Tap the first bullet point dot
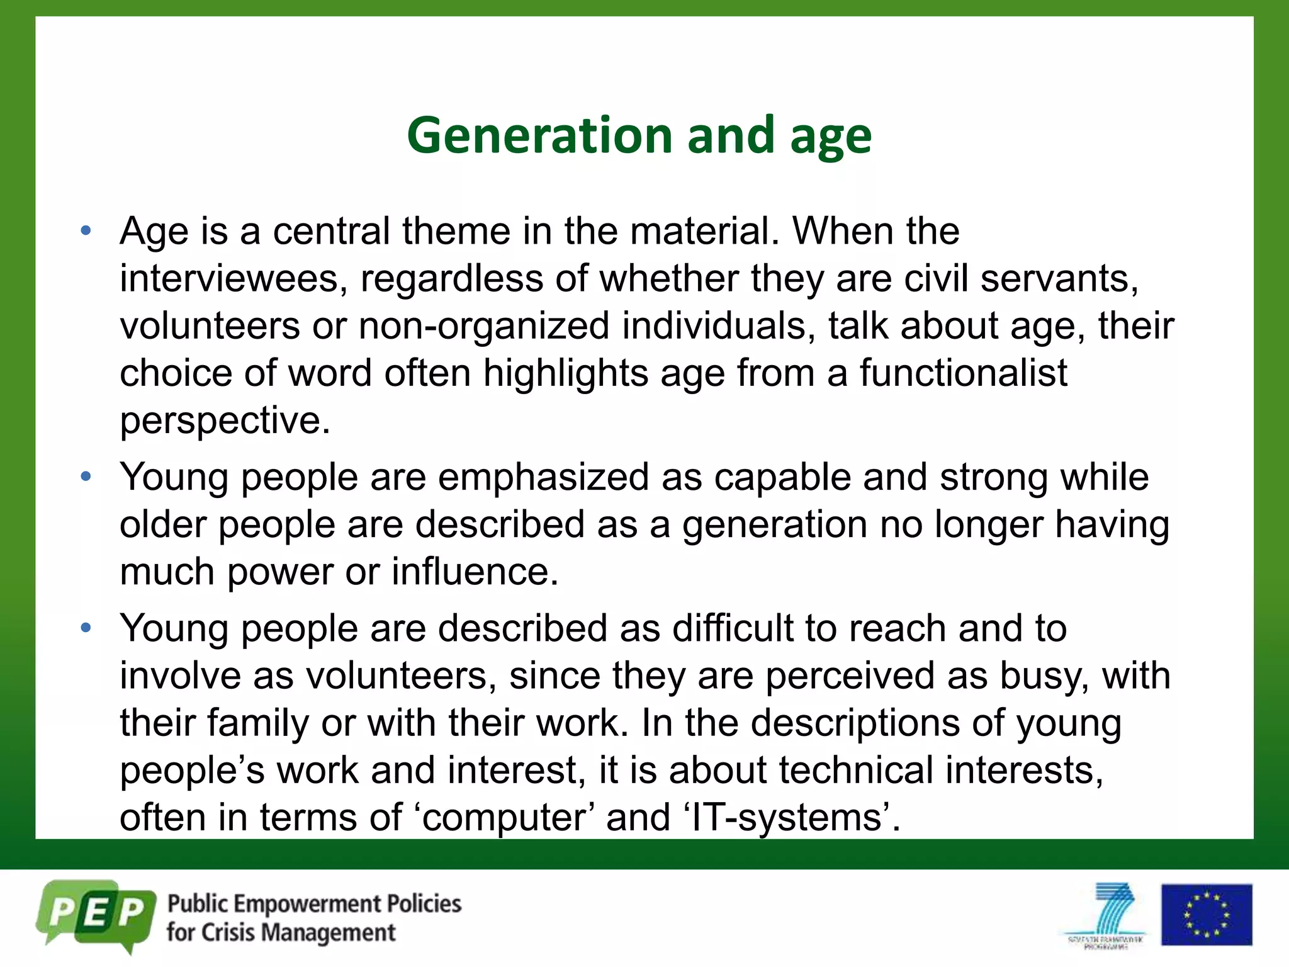86,230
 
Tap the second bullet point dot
86,477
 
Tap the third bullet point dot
86,628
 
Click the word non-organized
484,326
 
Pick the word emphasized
543,477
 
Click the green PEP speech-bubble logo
96,914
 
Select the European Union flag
1206,914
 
